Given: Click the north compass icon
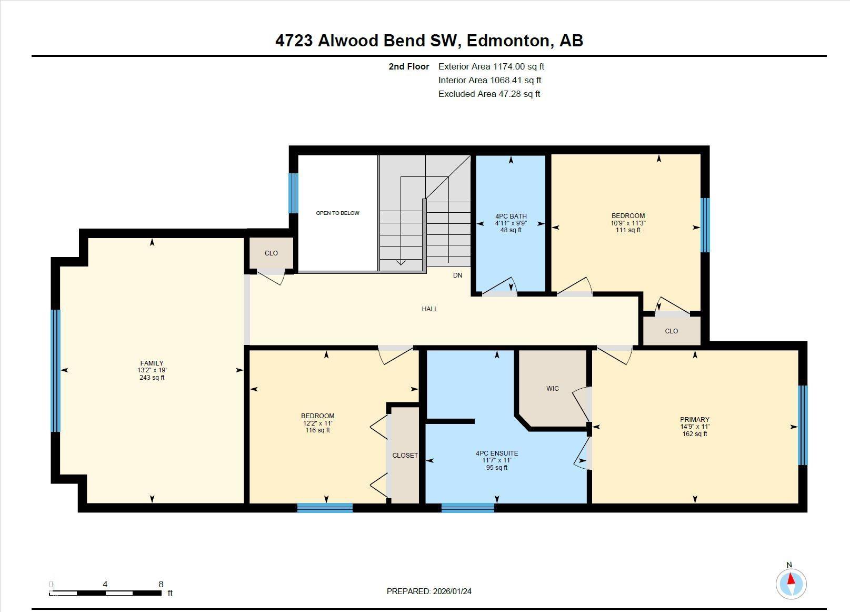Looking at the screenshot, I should [791, 584].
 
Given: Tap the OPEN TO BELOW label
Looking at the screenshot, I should [337, 213].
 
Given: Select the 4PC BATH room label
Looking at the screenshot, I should [511, 216].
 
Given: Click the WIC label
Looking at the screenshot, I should [553, 389].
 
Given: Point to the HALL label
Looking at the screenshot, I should [429, 309].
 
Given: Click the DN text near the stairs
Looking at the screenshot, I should [457, 275].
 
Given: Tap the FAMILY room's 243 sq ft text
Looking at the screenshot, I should [152, 378].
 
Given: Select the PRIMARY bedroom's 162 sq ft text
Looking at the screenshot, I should [694, 434].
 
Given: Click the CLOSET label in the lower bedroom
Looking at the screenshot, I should [405, 456].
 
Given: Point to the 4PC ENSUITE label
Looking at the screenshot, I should [496, 453].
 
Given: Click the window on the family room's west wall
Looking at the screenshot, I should [56, 370].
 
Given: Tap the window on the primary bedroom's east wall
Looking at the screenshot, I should [802, 425].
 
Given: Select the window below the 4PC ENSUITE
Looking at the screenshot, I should [467, 508].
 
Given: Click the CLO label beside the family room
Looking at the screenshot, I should [271, 253].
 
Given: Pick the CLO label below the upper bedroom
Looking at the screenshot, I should [671, 331].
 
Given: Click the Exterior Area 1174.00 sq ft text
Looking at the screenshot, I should [491, 66].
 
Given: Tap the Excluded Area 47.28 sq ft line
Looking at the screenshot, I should [489, 94].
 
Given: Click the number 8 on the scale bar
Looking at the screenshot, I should [161, 584].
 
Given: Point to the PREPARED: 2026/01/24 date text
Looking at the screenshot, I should [429, 591].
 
